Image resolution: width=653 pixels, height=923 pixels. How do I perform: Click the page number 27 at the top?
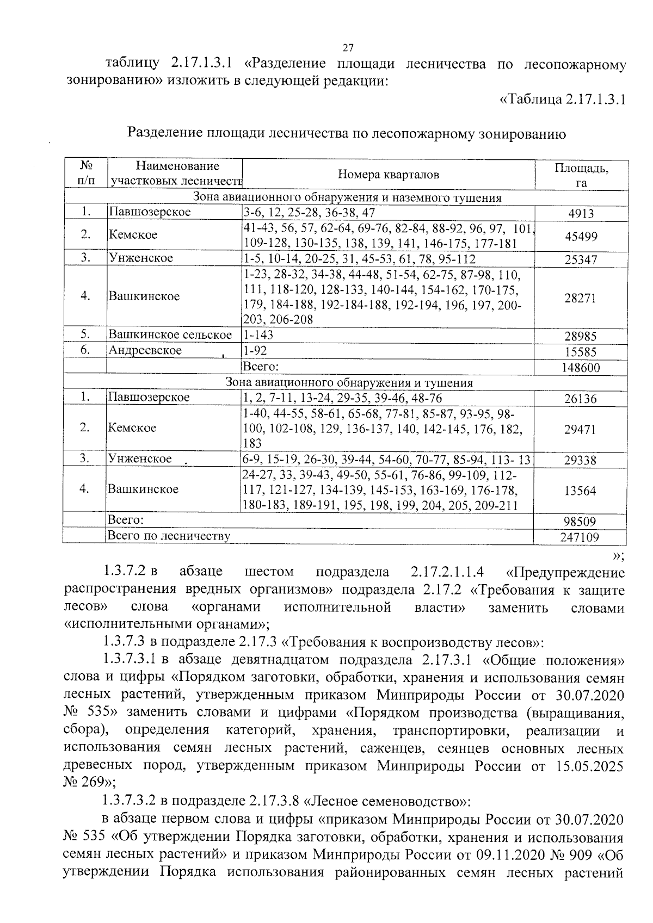[348, 47]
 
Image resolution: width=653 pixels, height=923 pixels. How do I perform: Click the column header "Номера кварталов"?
[388, 175]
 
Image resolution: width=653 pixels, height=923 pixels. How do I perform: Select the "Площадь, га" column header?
[581, 175]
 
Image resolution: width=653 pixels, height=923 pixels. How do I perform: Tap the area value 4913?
[581, 213]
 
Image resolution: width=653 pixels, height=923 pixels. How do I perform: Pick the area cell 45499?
[581, 236]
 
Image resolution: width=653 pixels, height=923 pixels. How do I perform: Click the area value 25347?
[581, 259]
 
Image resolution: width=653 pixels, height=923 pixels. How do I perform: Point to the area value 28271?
[581, 298]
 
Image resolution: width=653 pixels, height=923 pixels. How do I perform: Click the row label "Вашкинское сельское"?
[170, 335]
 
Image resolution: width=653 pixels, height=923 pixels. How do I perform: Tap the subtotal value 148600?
[581, 368]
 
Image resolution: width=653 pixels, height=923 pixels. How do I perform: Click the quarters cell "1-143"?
[258, 335]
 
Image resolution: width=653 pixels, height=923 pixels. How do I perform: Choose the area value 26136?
[581, 399]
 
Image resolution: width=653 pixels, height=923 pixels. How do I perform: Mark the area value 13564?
[581, 491]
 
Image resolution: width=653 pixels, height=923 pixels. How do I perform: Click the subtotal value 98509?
[581, 522]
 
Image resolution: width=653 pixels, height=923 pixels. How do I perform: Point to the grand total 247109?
[581, 538]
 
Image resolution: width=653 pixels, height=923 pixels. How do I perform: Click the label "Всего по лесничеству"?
[169, 536]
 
